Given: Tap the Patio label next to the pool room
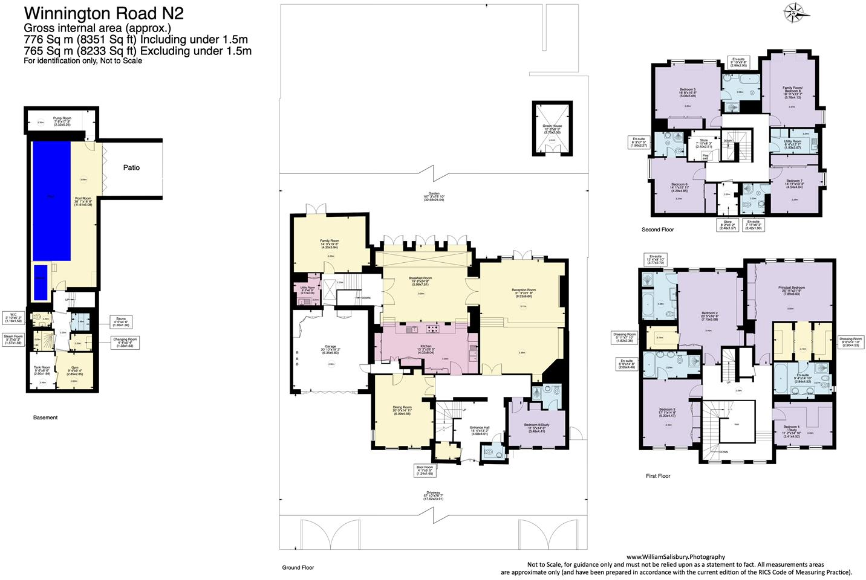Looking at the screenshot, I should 131,167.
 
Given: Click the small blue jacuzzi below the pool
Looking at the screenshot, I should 40,282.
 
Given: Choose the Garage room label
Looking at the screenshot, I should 330,349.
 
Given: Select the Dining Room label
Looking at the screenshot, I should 403,410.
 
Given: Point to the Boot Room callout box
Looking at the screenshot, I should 425,469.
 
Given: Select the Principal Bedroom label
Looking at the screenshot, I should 790,289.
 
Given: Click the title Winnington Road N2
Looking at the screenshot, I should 103,13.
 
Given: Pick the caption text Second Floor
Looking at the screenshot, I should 657,230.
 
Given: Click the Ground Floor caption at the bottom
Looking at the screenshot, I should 298,567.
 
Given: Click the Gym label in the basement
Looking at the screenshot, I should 74,367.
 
